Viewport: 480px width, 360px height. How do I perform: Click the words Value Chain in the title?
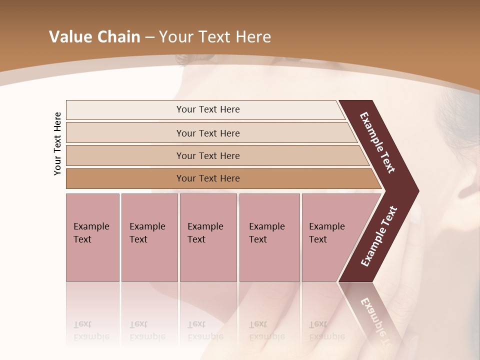(x=94, y=37)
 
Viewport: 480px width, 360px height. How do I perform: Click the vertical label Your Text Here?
(x=57, y=143)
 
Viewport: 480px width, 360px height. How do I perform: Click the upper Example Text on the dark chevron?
(x=377, y=142)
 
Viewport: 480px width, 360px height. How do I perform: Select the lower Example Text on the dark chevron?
(x=379, y=236)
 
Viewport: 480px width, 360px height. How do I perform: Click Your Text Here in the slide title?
(x=215, y=37)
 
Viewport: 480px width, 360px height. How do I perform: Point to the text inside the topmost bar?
(x=208, y=109)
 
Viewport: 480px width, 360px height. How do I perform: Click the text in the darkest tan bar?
(x=208, y=178)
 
